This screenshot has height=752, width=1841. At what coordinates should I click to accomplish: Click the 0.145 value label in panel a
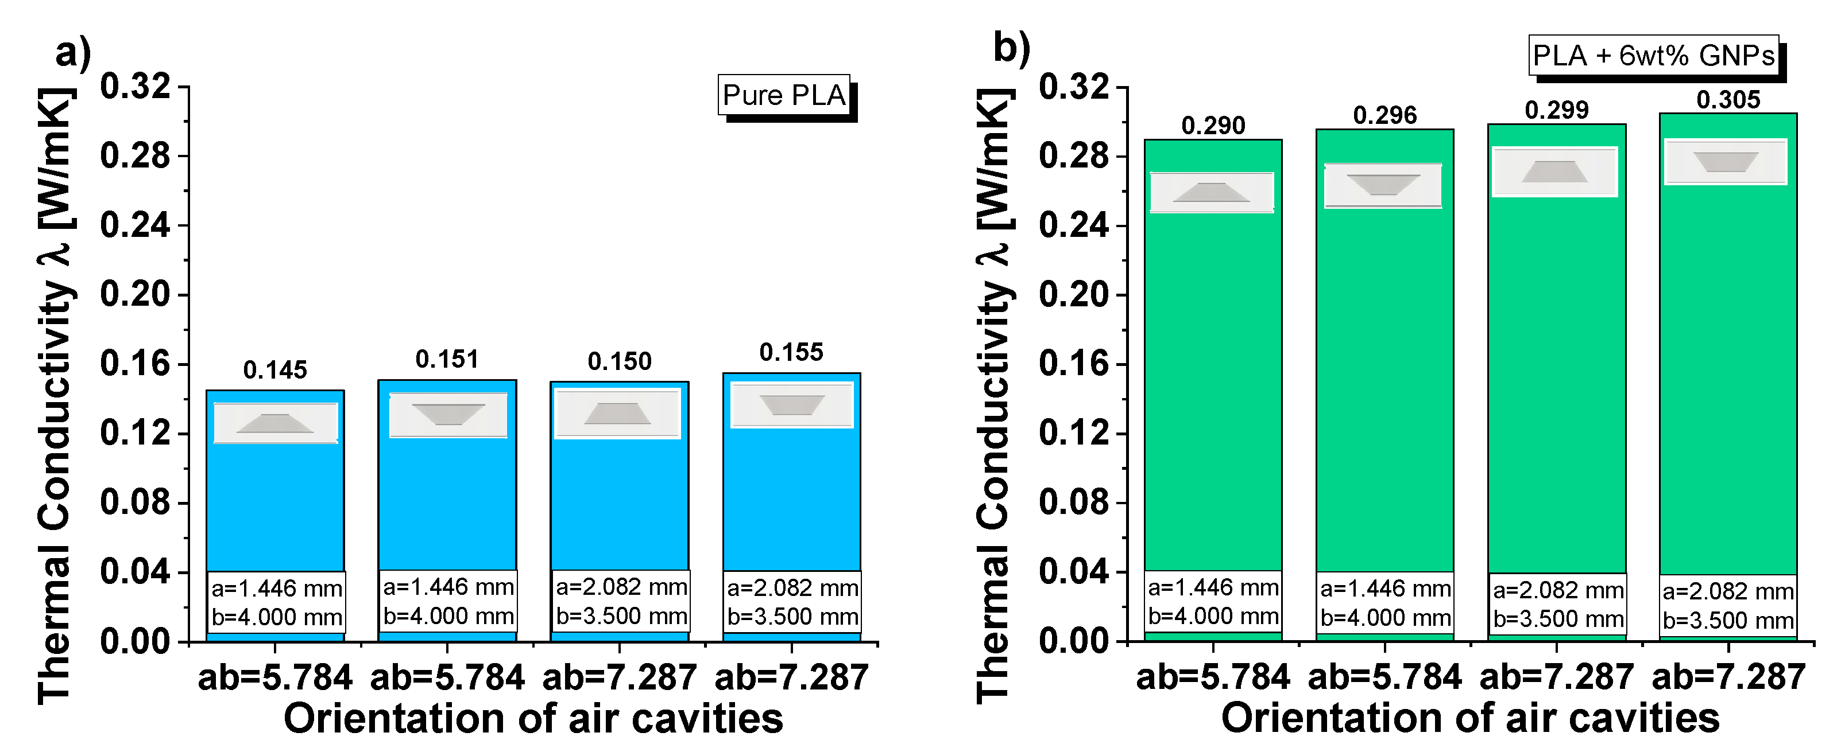(x=274, y=370)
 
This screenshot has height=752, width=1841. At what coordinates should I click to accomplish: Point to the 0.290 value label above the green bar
(x=1213, y=126)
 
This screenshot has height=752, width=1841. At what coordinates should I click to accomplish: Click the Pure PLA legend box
(x=784, y=95)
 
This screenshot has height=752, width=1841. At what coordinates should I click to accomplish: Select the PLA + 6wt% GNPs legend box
(x=1653, y=56)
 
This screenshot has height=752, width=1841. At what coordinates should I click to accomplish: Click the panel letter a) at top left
(x=73, y=53)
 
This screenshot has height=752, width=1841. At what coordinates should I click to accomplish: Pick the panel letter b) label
(x=1011, y=49)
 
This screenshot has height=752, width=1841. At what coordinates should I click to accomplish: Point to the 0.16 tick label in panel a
(x=135, y=364)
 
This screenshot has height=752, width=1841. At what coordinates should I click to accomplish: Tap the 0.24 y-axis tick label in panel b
(x=1073, y=225)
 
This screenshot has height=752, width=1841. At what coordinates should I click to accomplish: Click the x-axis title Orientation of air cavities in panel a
(x=533, y=718)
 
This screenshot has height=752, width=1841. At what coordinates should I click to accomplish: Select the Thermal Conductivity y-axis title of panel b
(x=995, y=396)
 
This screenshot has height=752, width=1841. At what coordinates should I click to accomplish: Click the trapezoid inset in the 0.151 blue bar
(x=448, y=415)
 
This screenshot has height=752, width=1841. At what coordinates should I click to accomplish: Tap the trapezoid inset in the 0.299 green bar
(x=1554, y=172)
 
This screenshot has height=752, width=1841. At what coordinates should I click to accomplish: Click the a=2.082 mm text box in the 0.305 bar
(x=1728, y=606)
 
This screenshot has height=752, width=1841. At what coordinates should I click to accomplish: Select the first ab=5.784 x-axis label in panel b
(x=1213, y=677)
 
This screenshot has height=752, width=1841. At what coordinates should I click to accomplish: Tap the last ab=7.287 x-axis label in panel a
(x=791, y=677)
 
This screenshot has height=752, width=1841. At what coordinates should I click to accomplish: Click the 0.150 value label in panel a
(x=619, y=361)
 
